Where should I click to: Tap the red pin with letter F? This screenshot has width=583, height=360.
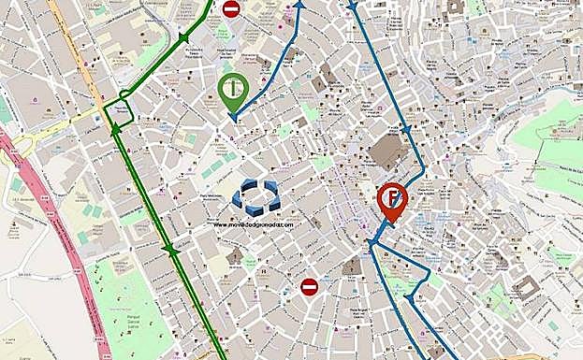(391, 201)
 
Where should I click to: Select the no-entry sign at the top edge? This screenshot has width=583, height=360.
(231, 9)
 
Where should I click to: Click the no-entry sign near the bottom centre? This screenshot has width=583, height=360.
(309, 286)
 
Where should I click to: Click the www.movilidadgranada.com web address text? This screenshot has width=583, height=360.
(253, 224)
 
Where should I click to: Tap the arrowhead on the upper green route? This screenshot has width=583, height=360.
(184, 38)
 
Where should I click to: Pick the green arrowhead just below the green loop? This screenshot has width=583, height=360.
(115, 130)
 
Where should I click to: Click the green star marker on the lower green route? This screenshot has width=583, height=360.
(169, 250)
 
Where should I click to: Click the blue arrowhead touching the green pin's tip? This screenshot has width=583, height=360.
(233, 118)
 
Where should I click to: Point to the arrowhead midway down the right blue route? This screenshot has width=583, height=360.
(405, 128)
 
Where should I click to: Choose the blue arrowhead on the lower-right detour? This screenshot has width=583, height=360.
(408, 298)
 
